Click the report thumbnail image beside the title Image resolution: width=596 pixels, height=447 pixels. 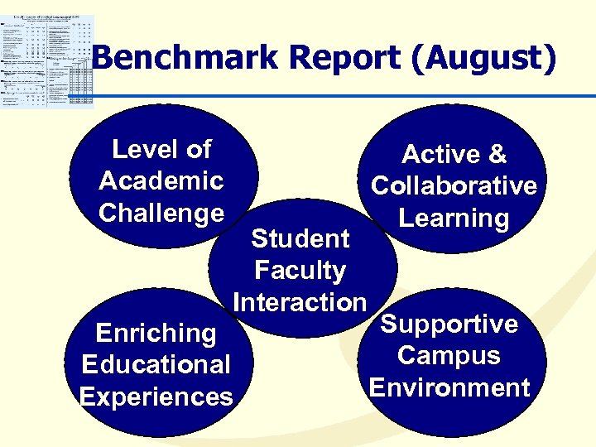click(47, 60)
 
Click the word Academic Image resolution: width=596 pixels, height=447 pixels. click(161, 180)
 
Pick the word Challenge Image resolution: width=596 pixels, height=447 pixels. click(161, 213)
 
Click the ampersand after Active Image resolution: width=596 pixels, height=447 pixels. click(497, 155)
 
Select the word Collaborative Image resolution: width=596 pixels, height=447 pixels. click(454, 186)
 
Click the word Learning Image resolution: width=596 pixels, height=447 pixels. click(454, 219)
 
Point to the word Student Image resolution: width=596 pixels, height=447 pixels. click(300, 238)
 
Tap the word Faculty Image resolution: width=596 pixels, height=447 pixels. click(300, 271)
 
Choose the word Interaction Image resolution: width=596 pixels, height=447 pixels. click(300, 302)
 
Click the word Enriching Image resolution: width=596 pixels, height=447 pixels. click(156, 334)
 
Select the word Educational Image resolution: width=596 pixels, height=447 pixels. click(156, 365)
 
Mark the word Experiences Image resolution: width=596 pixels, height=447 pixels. click(156, 397)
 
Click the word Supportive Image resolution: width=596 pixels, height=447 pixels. click(449, 324)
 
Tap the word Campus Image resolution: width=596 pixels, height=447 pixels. click(449, 356)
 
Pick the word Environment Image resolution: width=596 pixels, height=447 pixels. click(449, 387)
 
